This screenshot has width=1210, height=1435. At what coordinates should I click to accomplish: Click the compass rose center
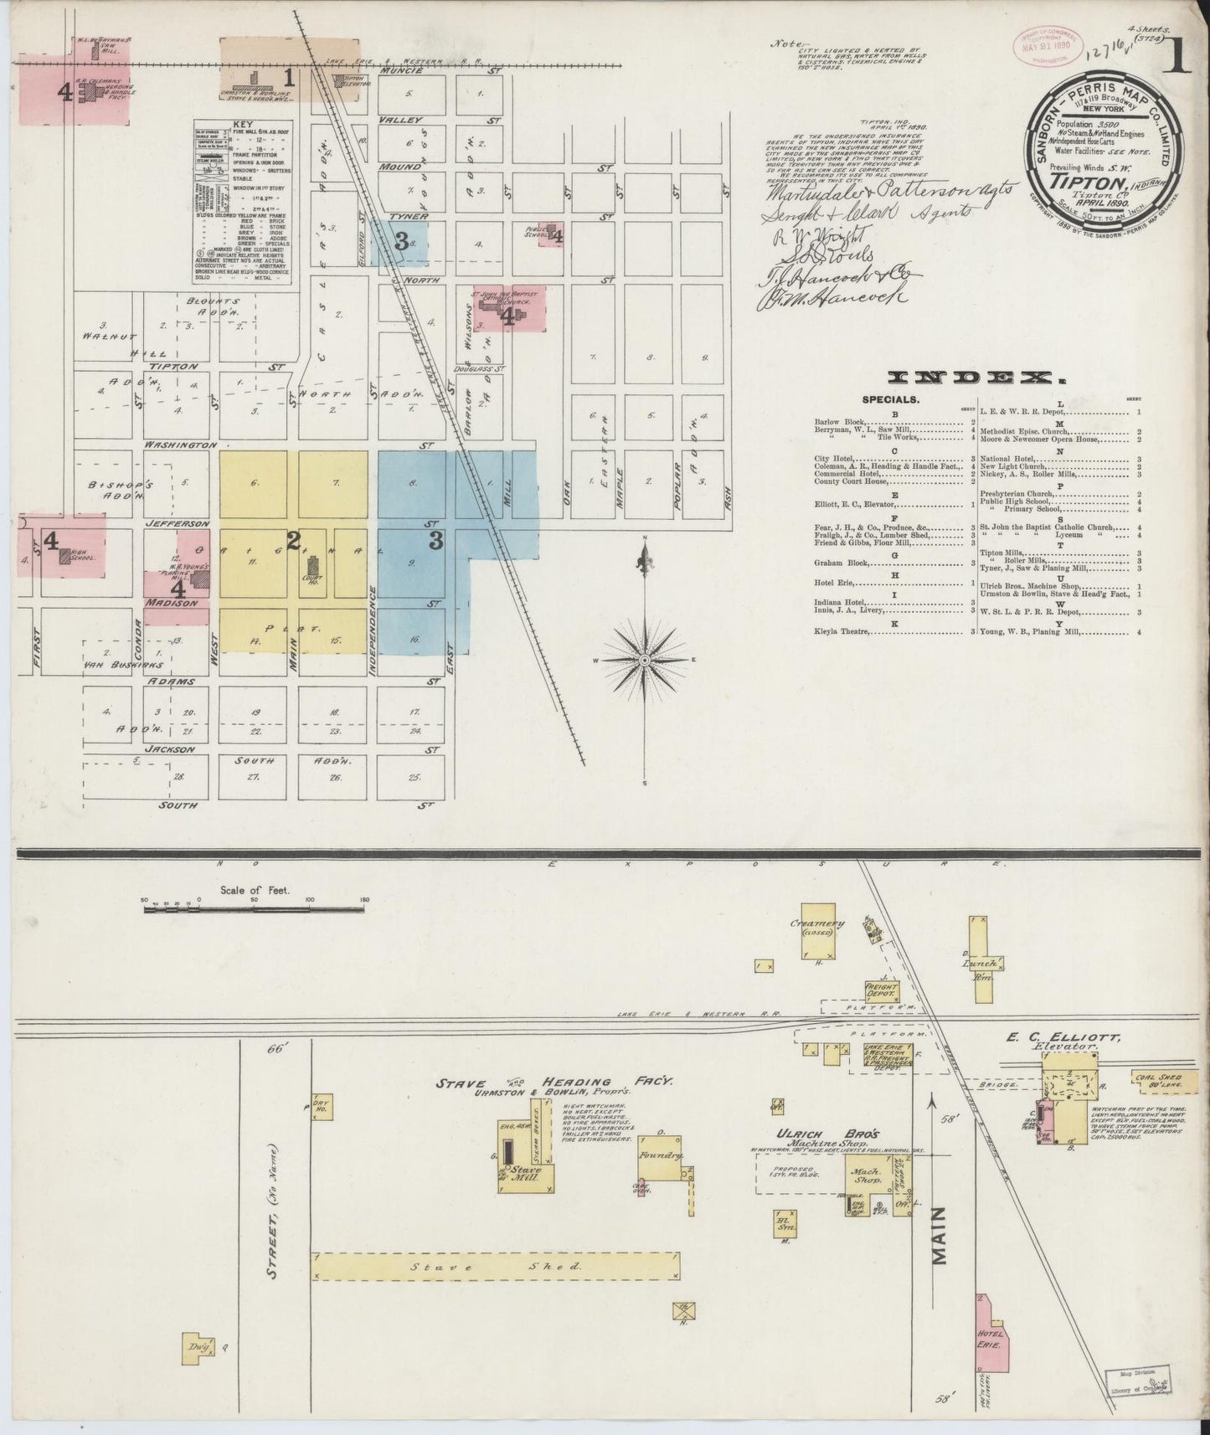[645, 661]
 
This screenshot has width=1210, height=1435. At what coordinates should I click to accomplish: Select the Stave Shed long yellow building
[497, 1290]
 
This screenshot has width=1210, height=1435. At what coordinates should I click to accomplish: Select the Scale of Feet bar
[255, 906]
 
